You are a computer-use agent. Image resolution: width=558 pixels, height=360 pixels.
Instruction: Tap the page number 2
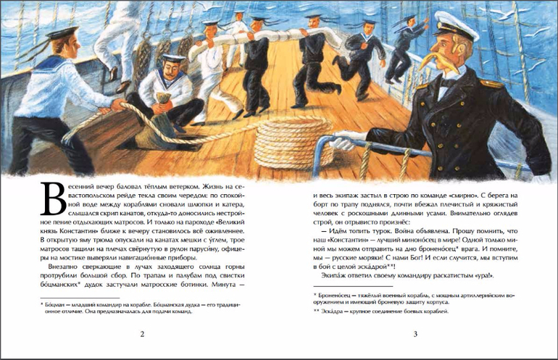click(x=142, y=333)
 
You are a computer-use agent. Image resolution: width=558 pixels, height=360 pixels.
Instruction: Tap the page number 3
click(x=415, y=333)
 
